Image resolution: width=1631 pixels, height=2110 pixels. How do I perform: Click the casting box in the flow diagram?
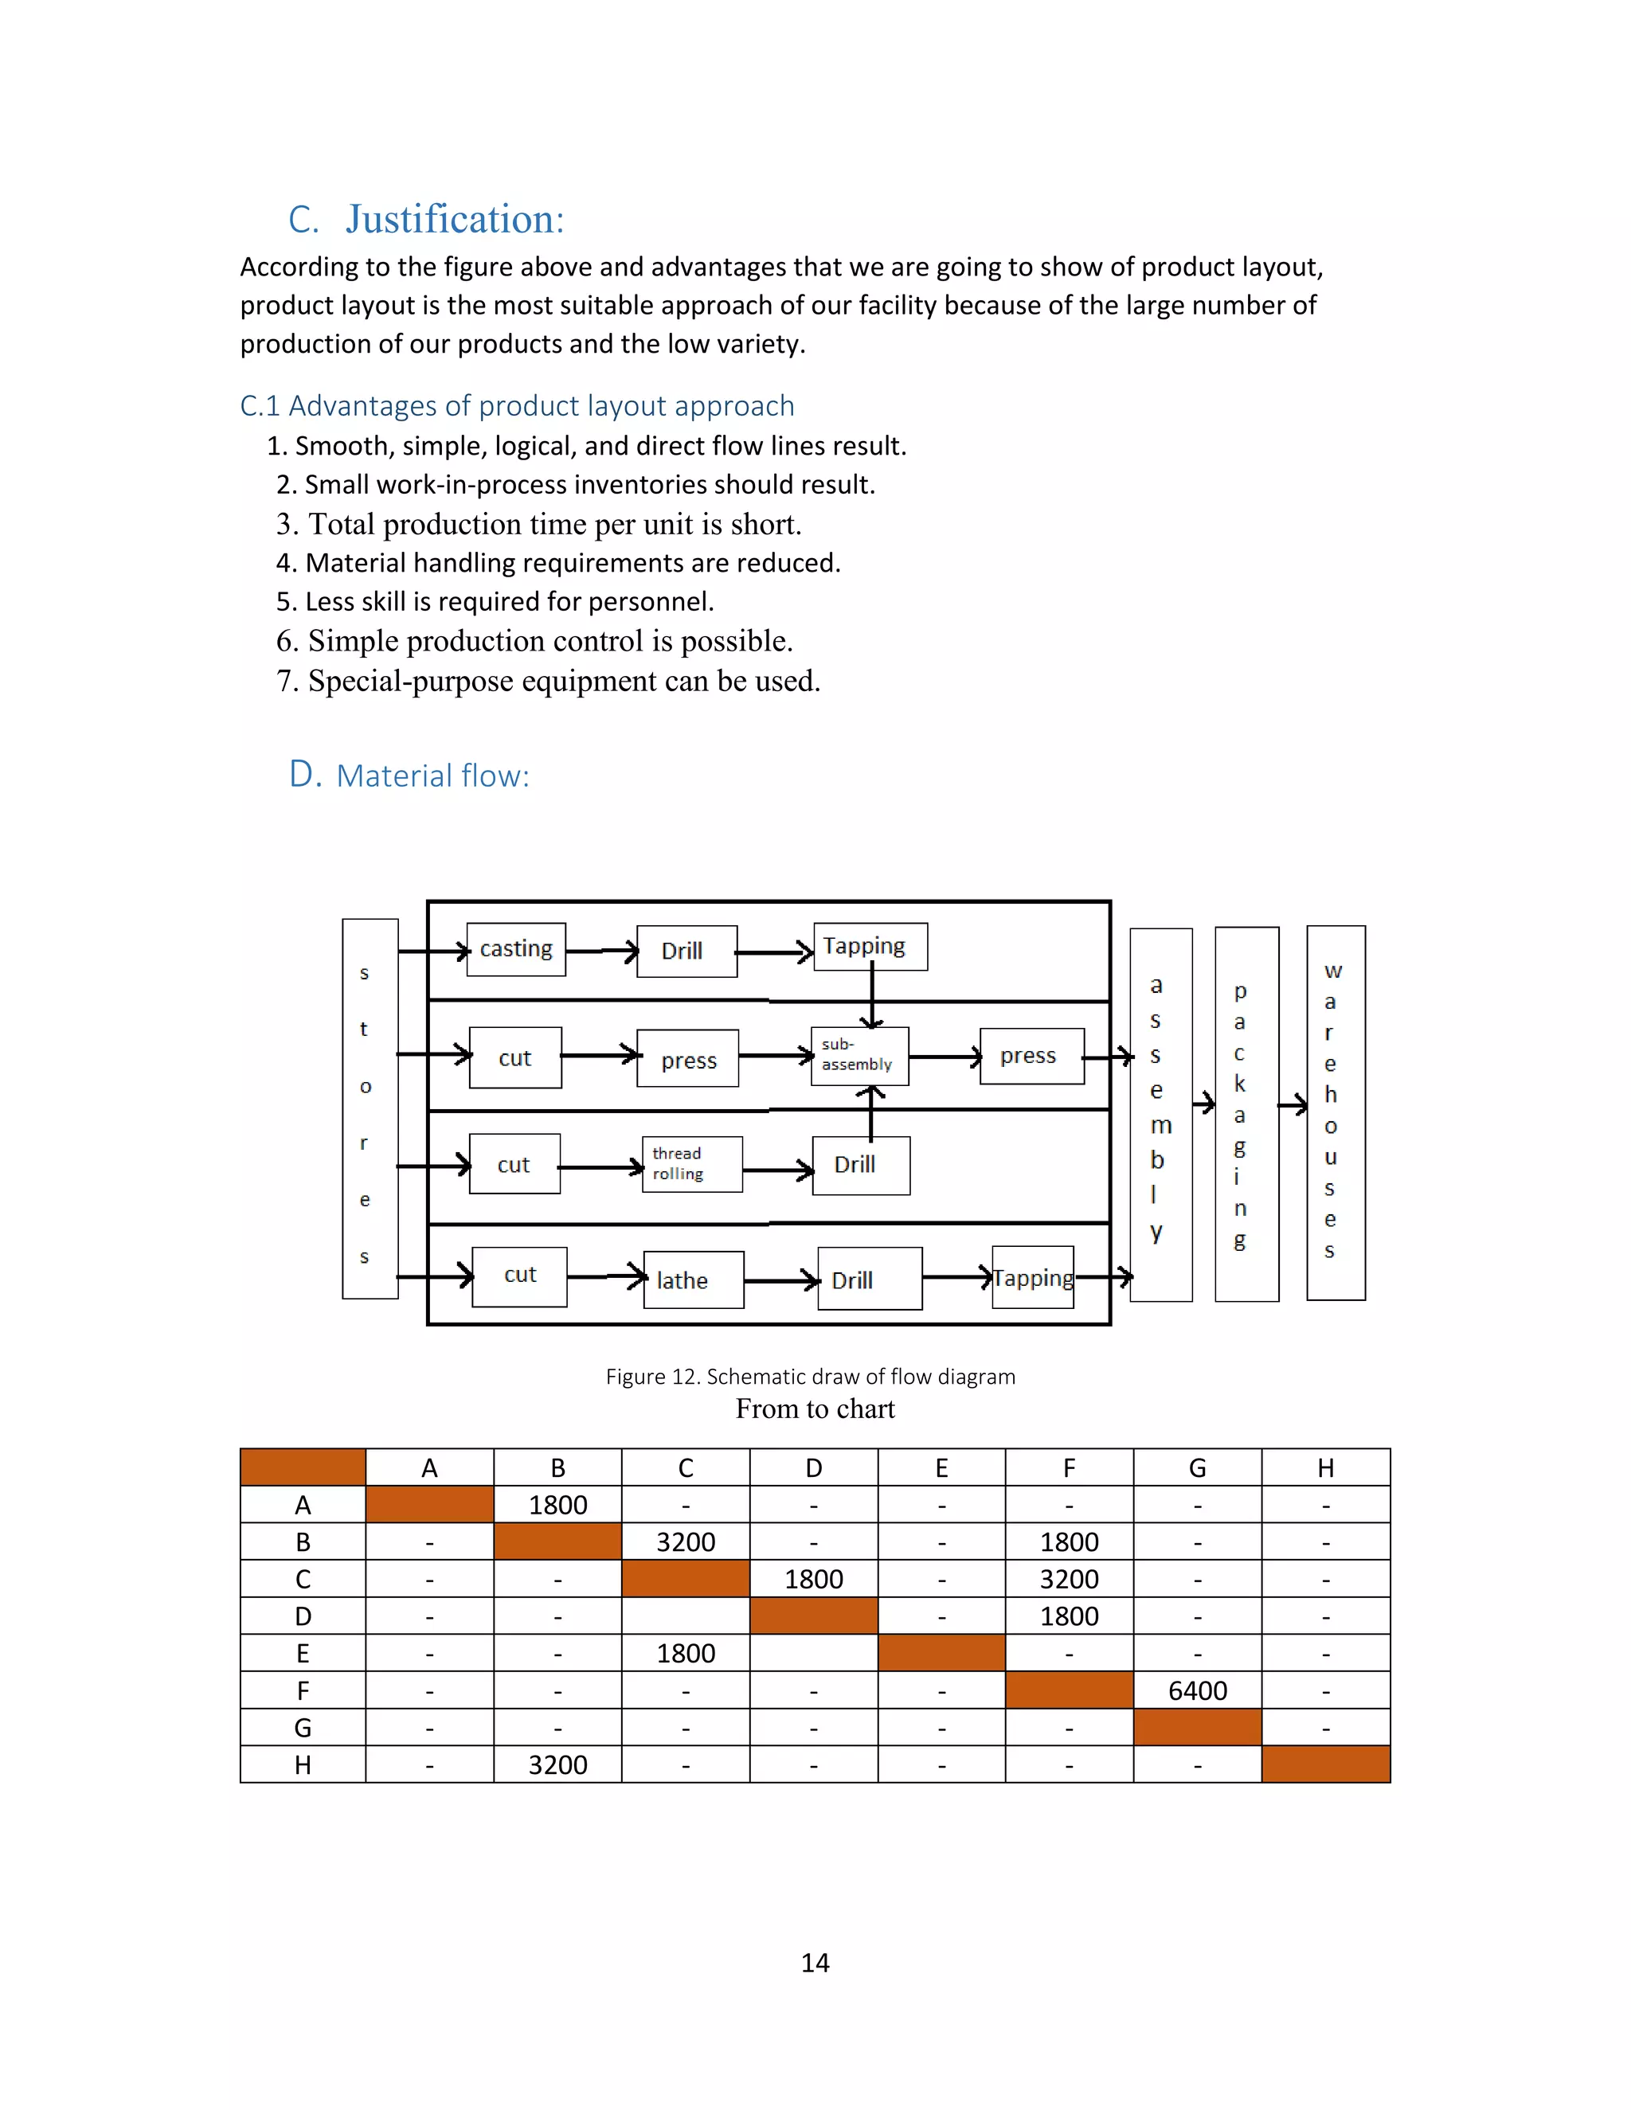[515, 949]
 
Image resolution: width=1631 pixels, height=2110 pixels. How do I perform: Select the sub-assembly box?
[859, 1055]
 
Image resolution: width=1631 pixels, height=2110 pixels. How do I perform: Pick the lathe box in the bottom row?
[693, 1280]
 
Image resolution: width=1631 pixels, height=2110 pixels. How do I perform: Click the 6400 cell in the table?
[1196, 1690]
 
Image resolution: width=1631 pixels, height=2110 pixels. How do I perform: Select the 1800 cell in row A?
[557, 1505]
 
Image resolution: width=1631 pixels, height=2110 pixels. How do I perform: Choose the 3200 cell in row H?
[557, 1765]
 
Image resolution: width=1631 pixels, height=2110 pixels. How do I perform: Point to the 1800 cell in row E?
[685, 1654]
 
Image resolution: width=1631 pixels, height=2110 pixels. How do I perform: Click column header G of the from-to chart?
[1196, 1468]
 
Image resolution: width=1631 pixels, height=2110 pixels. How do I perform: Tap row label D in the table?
[303, 1616]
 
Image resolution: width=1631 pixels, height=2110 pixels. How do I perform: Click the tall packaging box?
[1246, 1114]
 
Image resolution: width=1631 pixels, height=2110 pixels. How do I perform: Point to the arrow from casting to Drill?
[601, 951]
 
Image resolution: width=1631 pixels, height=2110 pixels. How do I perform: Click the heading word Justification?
[454, 219]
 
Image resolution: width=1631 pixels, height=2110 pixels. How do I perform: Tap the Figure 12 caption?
[810, 1377]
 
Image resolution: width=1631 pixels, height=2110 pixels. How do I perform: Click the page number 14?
[815, 1962]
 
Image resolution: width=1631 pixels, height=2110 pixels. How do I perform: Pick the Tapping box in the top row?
[870, 946]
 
